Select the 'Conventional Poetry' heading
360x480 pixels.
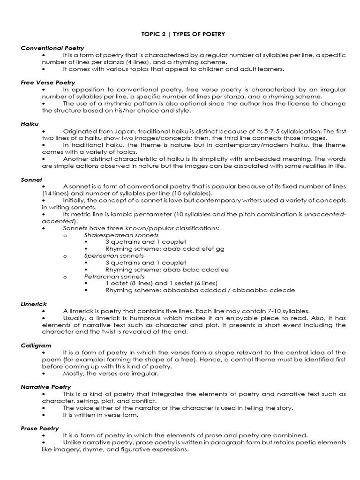(52, 48)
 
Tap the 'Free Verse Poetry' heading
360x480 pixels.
(48, 82)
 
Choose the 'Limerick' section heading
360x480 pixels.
(33, 304)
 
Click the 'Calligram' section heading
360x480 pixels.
(35, 345)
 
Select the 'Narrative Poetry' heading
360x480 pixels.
(45, 387)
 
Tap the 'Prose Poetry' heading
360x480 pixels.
(39, 428)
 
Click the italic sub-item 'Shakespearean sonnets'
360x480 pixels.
(121, 235)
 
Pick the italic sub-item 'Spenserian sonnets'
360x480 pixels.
(114, 256)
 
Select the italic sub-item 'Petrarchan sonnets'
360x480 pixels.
(114, 277)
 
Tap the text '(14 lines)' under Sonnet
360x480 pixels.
(57, 193)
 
